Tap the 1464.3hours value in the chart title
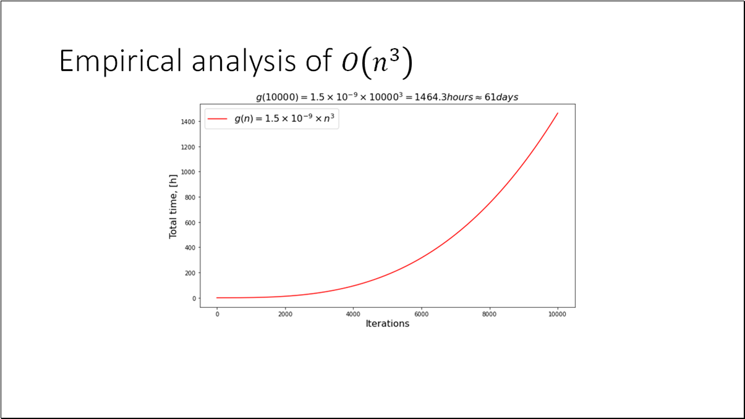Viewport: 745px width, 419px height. point(430,98)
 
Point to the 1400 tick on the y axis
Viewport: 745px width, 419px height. point(189,122)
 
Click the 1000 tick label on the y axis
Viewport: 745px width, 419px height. point(189,172)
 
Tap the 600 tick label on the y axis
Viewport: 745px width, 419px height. point(190,222)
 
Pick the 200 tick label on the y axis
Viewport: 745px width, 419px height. point(190,273)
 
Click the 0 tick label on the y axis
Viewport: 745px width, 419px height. point(194,298)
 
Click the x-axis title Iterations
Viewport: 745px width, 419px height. point(387,324)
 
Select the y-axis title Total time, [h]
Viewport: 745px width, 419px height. point(174,206)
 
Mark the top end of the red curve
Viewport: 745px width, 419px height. point(558,113)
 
